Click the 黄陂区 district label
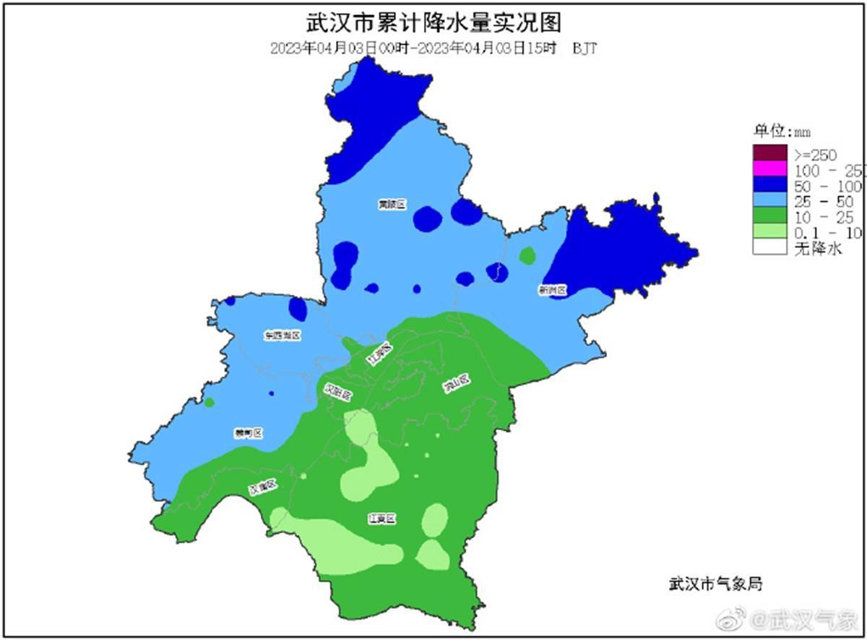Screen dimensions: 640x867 [x=392, y=205]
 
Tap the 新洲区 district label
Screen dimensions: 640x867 [x=552, y=290]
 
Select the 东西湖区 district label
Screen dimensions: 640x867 [x=282, y=336]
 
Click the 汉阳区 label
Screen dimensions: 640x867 [x=338, y=394]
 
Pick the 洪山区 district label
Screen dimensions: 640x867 [x=457, y=384]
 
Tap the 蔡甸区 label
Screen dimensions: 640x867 [x=248, y=433]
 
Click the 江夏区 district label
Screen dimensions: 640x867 [x=381, y=519]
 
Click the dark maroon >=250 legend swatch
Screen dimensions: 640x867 [x=769, y=153]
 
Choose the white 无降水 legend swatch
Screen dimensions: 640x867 [x=769, y=248]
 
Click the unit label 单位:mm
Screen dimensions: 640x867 [x=783, y=132]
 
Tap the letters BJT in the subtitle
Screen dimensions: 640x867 [x=584, y=48]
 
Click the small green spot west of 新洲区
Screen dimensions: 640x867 [x=527, y=255]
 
